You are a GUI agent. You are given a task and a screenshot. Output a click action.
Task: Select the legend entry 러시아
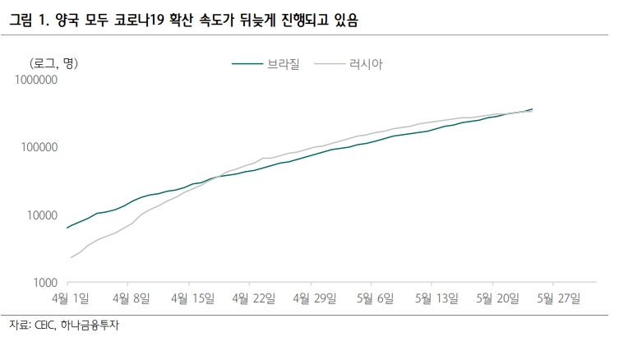pos(367,62)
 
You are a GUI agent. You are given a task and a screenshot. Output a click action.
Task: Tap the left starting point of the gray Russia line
pos(72,257)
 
